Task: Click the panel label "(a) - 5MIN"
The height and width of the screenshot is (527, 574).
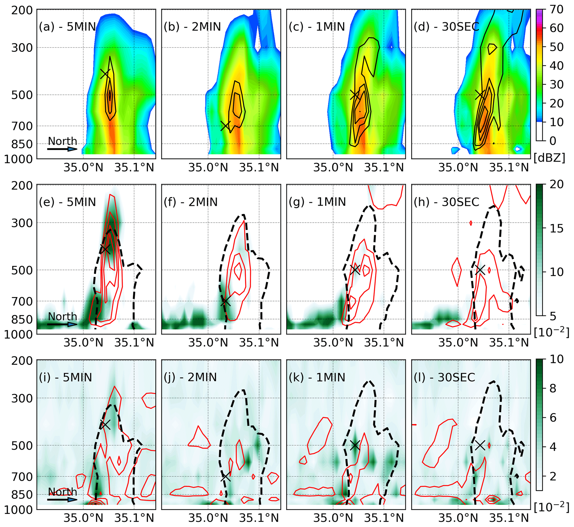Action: point(67,27)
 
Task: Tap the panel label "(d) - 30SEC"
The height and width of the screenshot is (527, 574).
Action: point(446,27)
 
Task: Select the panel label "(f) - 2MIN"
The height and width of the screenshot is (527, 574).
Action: point(191,202)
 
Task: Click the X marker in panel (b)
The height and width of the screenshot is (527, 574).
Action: point(225,126)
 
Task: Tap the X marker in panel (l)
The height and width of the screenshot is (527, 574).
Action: point(480,445)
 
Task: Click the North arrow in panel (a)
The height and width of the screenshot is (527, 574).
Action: point(62,149)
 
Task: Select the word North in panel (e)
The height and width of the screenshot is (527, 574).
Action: point(62,317)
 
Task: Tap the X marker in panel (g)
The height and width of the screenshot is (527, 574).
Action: point(355,270)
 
